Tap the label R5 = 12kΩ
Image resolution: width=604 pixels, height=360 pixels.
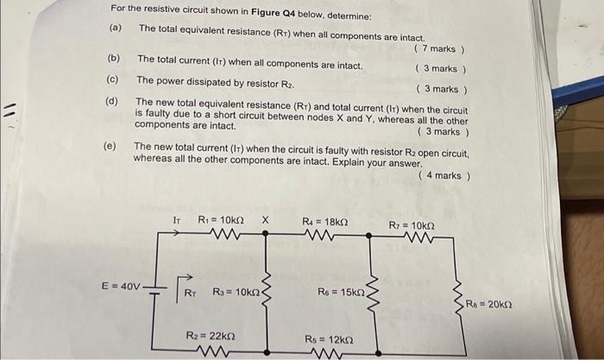pyautogui.click(x=329, y=338)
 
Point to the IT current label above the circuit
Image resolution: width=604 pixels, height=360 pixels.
pyautogui.click(x=177, y=221)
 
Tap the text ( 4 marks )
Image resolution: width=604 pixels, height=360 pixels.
pyautogui.click(x=444, y=176)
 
